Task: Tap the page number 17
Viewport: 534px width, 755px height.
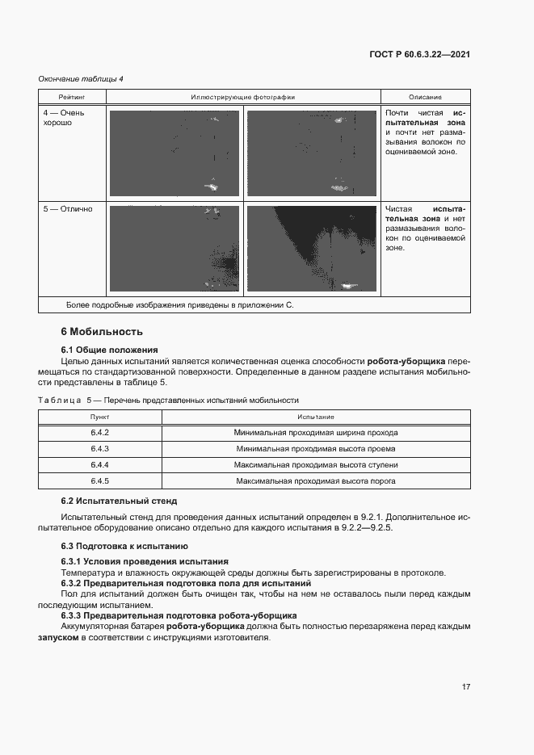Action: tap(466, 686)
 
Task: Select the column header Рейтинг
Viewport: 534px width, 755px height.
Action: tap(71, 97)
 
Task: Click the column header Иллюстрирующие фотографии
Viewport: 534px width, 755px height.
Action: tap(242, 97)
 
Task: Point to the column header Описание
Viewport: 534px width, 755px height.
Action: tap(425, 97)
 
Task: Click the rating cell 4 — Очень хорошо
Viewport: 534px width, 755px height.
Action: tap(64, 118)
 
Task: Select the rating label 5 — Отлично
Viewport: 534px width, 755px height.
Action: tap(68, 209)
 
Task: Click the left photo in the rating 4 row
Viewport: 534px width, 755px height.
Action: tap(174, 153)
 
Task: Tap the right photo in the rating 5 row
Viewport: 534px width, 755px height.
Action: tap(311, 249)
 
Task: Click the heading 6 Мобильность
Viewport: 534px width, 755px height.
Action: tap(102, 331)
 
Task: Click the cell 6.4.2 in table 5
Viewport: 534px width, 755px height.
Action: tap(100, 432)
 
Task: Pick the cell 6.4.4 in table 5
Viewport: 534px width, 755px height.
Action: tap(100, 465)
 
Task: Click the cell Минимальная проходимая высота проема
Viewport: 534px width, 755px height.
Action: tap(315, 449)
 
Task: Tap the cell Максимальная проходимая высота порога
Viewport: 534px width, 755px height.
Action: tap(315, 481)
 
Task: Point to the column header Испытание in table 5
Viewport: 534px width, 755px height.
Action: tap(315, 417)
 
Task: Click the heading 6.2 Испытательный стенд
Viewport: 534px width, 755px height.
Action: tap(119, 501)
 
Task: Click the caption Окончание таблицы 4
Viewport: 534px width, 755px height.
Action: tap(81, 78)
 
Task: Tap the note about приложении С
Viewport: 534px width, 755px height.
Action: tap(179, 305)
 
